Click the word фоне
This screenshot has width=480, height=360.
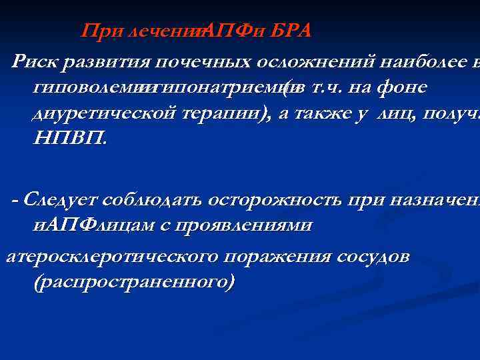pos(401,88)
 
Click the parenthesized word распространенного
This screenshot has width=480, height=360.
pos(133,283)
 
